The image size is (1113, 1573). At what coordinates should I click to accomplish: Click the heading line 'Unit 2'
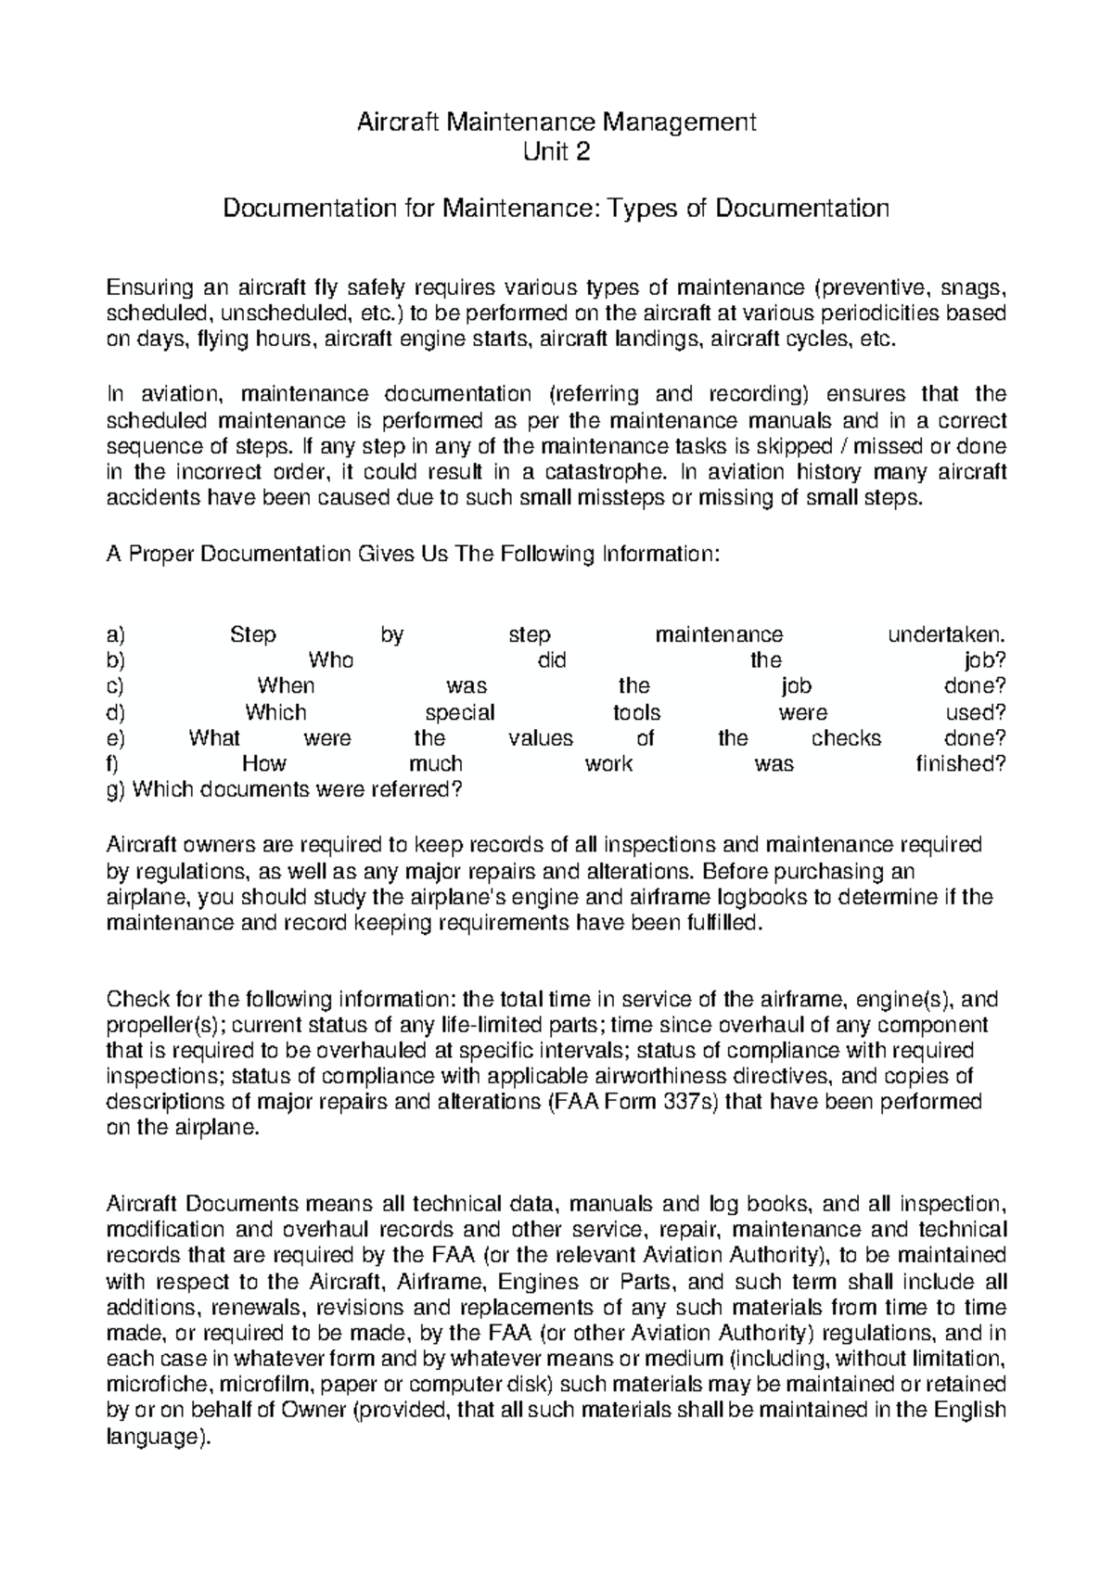pyautogui.click(x=556, y=152)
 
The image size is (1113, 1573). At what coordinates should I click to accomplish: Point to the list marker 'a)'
pyautogui.click(x=115, y=635)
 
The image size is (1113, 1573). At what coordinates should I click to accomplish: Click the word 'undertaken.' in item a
pyautogui.click(x=947, y=635)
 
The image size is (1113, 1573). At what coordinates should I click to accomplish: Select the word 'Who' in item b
pyautogui.click(x=330, y=660)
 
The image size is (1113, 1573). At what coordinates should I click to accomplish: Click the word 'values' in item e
pyautogui.click(x=541, y=738)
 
